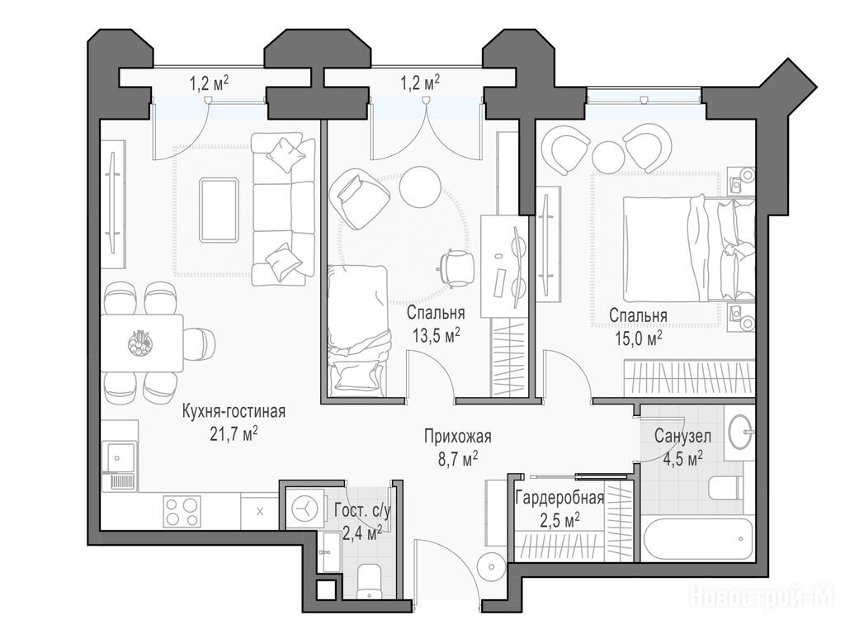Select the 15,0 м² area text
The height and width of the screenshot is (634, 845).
point(638,337)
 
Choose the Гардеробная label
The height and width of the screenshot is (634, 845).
point(559,498)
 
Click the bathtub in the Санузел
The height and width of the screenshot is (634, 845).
point(697,541)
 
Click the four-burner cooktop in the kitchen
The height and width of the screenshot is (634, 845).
point(182,510)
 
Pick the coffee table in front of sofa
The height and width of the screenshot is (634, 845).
point(219,210)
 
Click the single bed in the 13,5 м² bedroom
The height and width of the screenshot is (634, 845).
point(357,330)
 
